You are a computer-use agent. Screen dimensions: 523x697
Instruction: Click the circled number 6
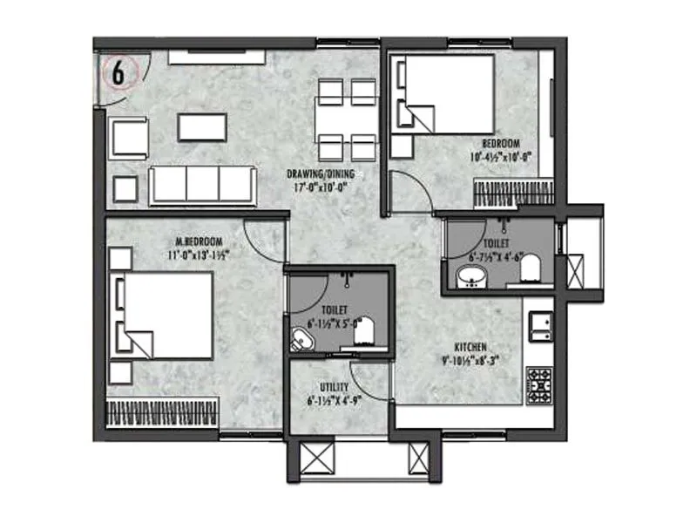click(118, 72)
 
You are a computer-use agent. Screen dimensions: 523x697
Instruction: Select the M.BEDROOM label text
click(199, 241)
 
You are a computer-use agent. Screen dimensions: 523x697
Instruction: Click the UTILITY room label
click(335, 386)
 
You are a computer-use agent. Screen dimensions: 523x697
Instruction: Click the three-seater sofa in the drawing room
click(202, 184)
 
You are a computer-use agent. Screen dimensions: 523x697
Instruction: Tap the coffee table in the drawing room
click(202, 127)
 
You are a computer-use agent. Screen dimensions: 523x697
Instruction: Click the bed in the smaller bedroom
click(446, 93)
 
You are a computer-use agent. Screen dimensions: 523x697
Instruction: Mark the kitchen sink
click(540, 321)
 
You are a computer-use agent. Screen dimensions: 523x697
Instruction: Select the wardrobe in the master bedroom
click(161, 411)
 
